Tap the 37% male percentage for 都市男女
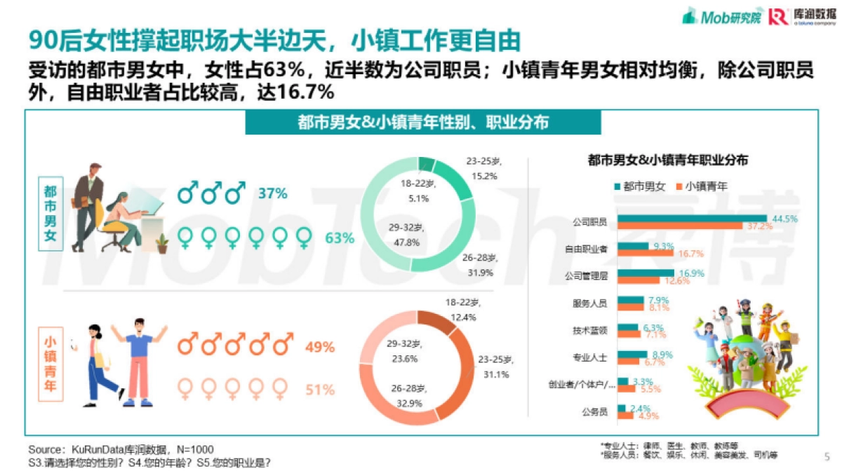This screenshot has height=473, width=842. tap(272, 193)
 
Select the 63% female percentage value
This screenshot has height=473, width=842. tap(340, 238)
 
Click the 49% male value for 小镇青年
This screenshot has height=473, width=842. tap(319, 346)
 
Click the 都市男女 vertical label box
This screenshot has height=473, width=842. tap(51, 214)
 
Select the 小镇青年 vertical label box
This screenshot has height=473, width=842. tap(51, 364)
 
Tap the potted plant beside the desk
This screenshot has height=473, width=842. tap(163, 242)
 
